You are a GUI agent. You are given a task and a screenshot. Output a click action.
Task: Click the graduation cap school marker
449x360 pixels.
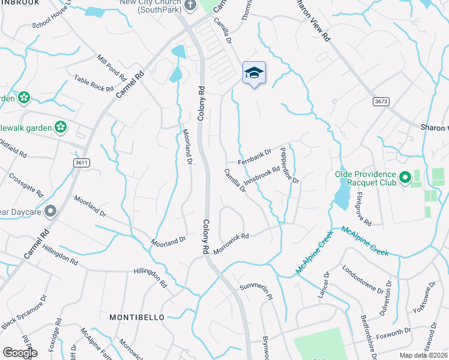pos(254,73)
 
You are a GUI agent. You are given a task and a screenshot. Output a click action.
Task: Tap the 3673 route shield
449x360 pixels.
pos(379,101)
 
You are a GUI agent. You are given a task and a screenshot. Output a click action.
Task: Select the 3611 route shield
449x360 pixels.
pos(82,163)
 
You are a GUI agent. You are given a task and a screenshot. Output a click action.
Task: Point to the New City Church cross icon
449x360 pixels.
pos(190,6)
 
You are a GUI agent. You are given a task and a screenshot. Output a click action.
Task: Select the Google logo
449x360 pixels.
pos(19,353)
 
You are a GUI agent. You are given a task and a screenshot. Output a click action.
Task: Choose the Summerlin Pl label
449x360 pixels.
pos(256,292)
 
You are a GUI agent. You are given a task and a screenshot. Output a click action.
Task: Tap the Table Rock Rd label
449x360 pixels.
pos(94,83)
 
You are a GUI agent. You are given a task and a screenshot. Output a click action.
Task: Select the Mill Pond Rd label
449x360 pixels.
pos(112,68)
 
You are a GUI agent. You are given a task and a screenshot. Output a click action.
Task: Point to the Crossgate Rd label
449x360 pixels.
pos(26,185)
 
